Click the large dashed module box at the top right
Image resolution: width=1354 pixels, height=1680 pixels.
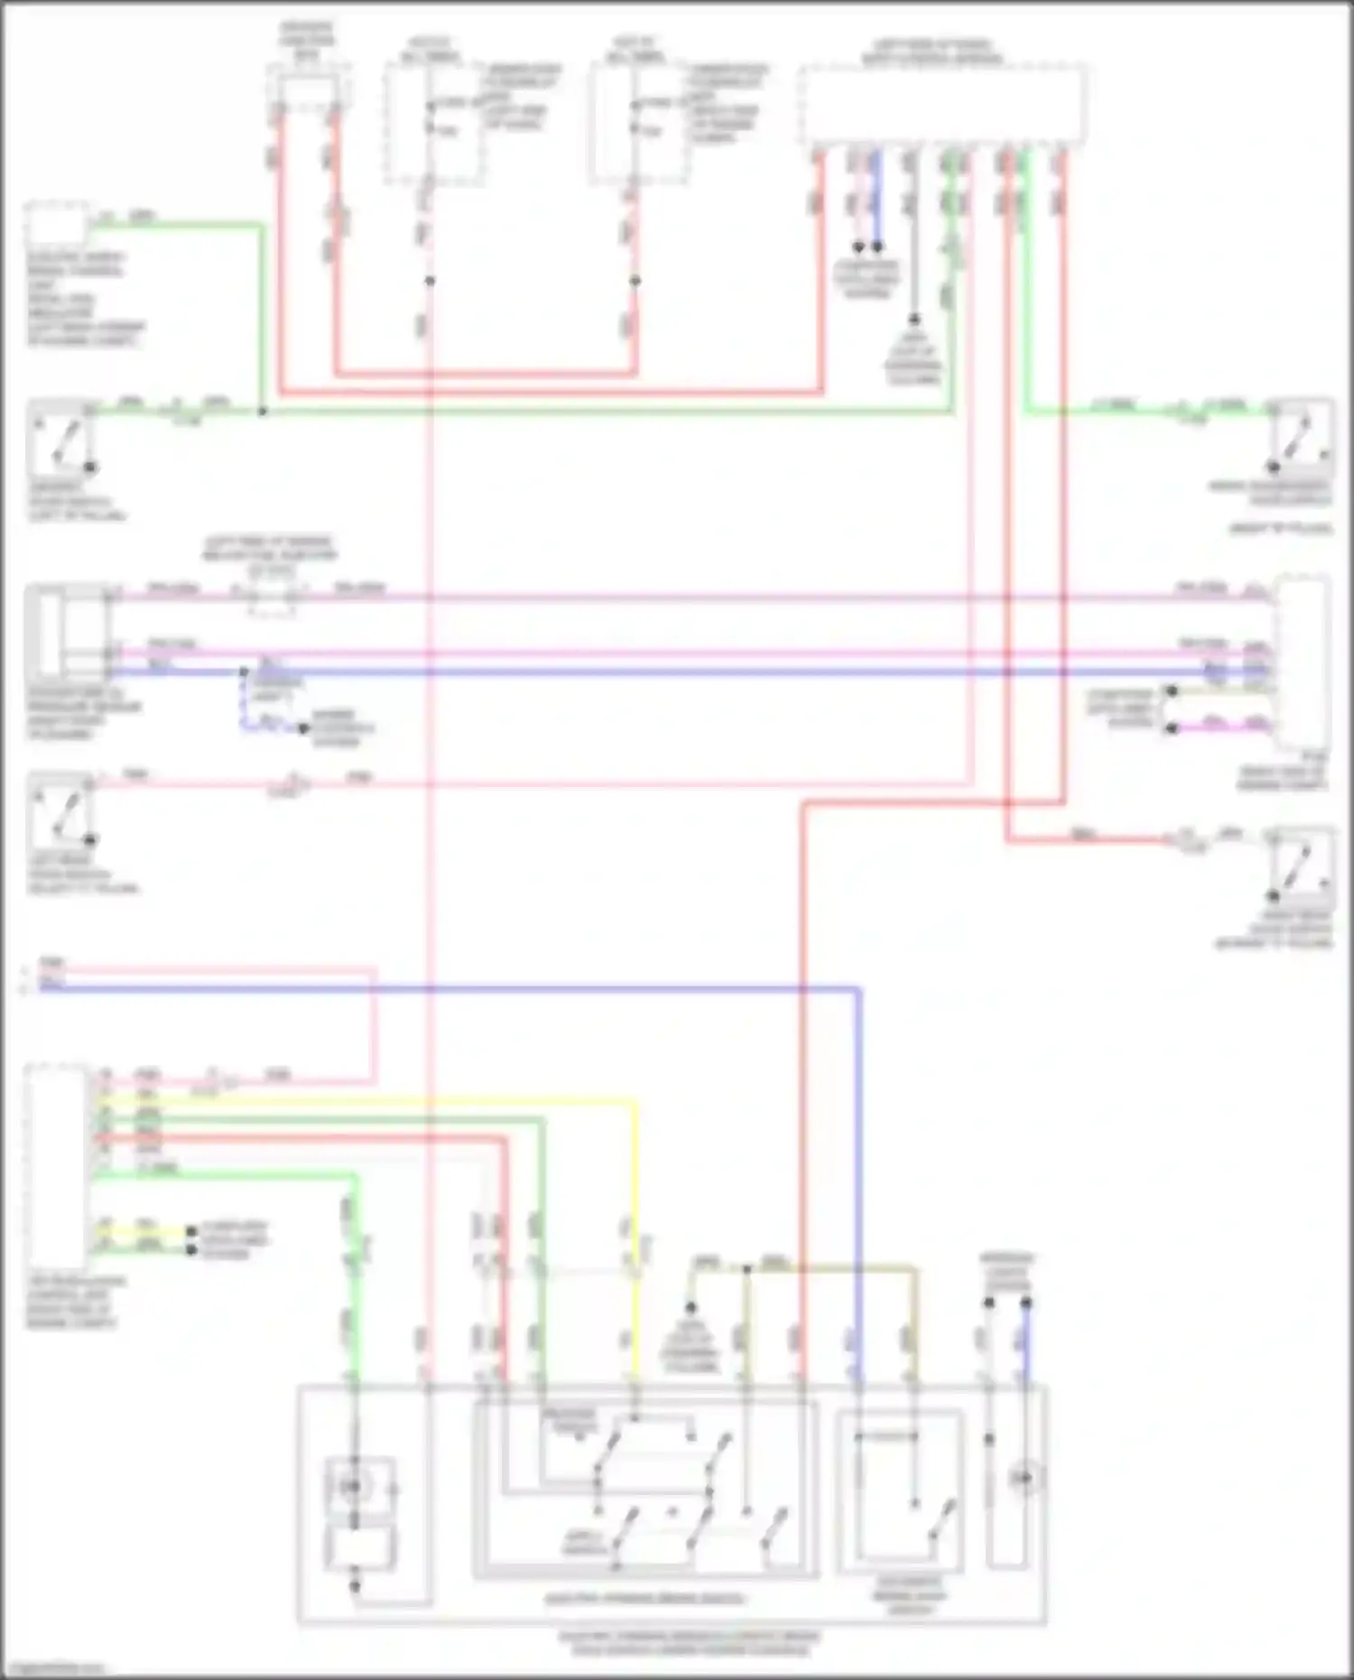point(941,104)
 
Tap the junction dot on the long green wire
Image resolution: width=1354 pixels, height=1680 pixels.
point(263,412)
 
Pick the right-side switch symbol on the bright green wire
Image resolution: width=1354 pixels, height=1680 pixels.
point(1300,438)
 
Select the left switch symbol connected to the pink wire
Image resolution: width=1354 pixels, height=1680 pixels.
point(61,810)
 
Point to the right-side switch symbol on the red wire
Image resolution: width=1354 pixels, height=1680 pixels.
point(1300,867)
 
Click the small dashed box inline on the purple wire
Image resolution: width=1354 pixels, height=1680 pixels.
point(270,596)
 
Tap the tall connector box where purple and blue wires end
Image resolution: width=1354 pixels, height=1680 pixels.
point(1300,664)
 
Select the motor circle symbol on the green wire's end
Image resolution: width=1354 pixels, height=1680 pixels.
point(355,1486)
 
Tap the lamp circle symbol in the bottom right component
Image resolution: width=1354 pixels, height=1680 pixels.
point(1024,1478)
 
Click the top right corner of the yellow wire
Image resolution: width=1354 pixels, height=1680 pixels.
point(635,1102)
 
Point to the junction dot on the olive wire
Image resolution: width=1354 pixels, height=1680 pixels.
point(747,1269)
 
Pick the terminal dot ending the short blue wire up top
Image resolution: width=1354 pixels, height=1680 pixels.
point(876,246)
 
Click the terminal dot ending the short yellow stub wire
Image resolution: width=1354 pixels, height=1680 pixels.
point(191,1231)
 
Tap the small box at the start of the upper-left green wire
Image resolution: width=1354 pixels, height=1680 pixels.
point(56,225)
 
